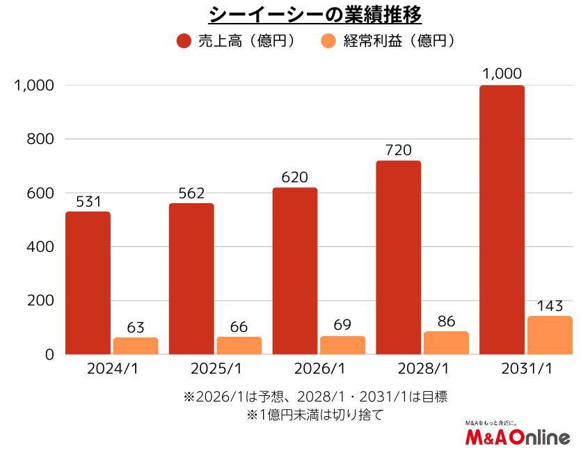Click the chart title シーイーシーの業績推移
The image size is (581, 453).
pos(316,14)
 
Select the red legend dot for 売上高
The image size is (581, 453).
pos(184,41)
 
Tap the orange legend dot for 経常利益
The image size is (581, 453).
pos(329,41)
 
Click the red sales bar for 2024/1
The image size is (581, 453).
pos(88,283)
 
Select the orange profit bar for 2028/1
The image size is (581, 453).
pos(446,343)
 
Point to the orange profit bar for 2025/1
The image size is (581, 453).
pos(239,346)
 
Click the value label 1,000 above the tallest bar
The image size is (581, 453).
pos(502,74)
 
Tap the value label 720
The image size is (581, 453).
pos(398,150)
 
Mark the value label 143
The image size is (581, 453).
pos(550,305)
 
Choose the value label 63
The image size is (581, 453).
pos(136,327)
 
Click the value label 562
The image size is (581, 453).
pos(191,193)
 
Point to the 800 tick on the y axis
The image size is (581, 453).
pos(40,139)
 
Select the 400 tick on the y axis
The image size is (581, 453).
pos(40,247)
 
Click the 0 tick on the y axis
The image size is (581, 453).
pos(49,354)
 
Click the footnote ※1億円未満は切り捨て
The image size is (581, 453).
pos(315,415)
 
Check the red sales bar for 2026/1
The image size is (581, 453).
pos(295,271)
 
